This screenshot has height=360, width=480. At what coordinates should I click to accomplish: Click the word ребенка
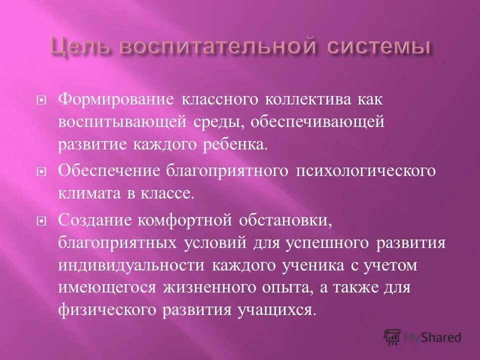(236, 145)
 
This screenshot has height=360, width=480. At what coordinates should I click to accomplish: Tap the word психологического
(366, 170)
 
